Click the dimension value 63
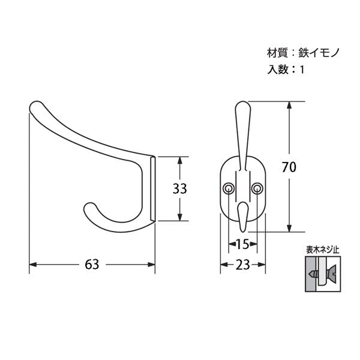(92, 265)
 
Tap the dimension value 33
(180, 189)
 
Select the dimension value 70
(289, 167)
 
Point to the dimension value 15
(242, 244)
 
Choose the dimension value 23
(242, 265)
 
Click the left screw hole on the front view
(229, 188)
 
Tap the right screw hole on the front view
(257, 188)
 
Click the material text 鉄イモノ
(319, 53)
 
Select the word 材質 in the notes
(277, 53)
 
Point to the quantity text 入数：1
(286, 70)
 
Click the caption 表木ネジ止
(323, 250)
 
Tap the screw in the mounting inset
(323, 274)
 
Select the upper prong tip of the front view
(243, 104)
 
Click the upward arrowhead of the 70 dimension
(289, 106)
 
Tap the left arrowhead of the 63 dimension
(33, 265)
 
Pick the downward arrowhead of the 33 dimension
(180, 217)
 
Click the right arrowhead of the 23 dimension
(262, 265)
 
